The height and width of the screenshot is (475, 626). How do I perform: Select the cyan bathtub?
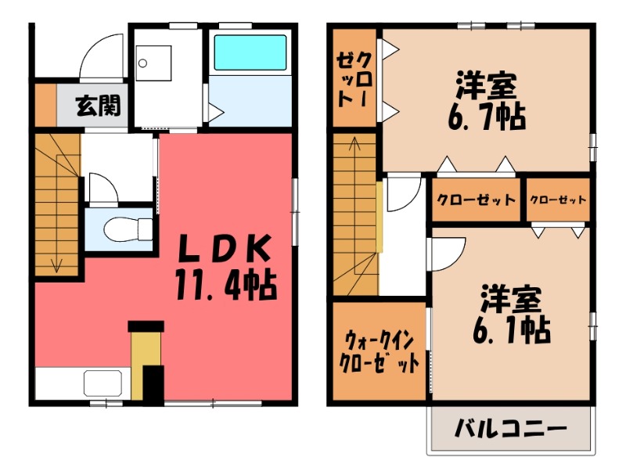pos(250,52)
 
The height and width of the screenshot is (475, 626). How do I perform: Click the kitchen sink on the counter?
pos(103,384)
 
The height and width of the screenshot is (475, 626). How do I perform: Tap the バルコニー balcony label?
pos(509,430)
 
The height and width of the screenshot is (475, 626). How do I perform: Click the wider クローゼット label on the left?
pos(476,200)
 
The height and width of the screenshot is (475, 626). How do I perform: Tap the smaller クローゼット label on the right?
pos(558,200)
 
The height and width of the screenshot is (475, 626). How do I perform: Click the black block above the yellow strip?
pos(146,326)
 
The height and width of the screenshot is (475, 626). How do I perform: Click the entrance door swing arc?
pos(102,53)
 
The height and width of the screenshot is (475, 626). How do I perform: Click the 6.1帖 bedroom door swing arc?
pos(448,252)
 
